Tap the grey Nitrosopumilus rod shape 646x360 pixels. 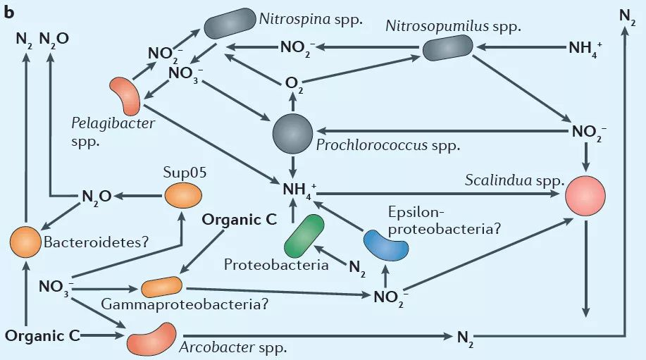[x=447, y=48]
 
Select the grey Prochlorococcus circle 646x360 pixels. [x=292, y=130]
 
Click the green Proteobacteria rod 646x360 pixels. [x=304, y=236]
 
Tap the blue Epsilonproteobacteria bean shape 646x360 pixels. [x=385, y=244]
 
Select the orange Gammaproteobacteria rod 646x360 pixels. [x=161, y=287]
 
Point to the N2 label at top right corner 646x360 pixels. [x=626, y=15]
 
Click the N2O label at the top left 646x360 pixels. [x=54, y=38]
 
